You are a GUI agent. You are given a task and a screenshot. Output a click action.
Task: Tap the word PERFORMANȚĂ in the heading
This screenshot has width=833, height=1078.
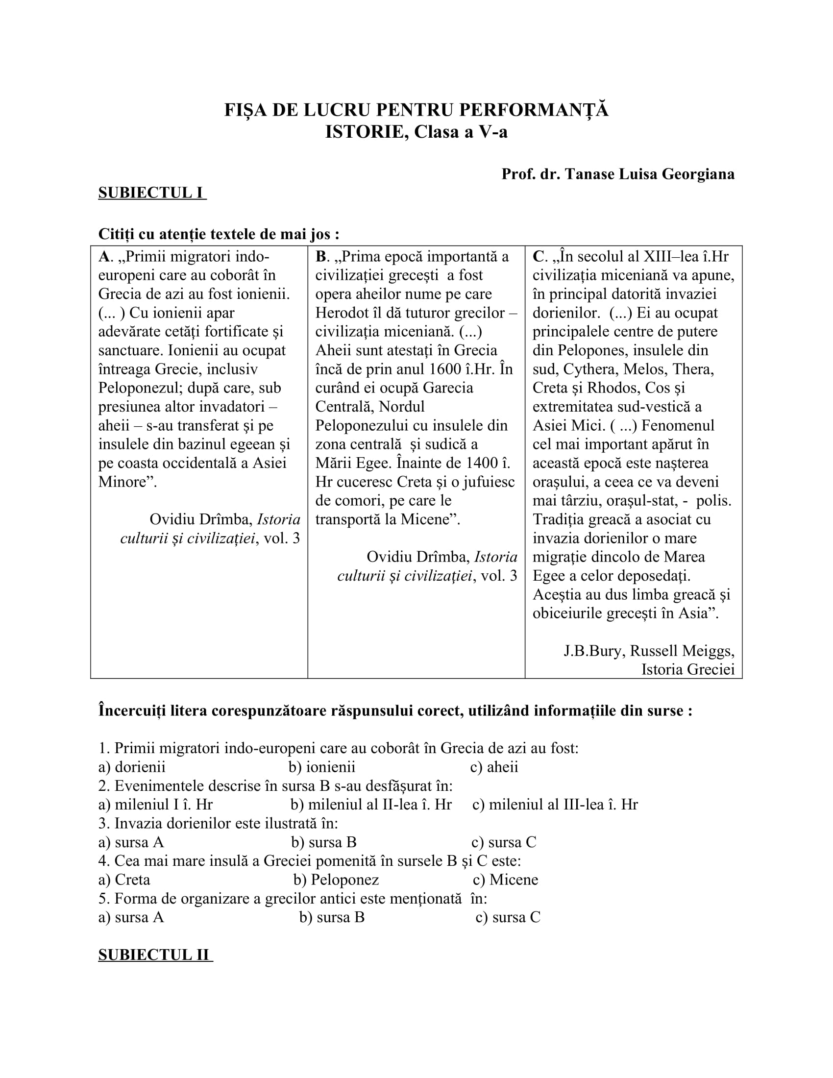click(x=534, y=110)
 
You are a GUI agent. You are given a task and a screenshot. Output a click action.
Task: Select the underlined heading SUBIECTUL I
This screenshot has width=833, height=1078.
click(x=151, y=193)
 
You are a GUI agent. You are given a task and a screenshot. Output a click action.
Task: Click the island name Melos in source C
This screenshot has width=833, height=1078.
click(x=645, y=369)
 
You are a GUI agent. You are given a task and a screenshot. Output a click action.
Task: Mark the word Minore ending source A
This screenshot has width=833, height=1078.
click(x=126, y=482)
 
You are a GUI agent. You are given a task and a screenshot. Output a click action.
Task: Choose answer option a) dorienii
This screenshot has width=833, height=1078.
click(x=132, y=767)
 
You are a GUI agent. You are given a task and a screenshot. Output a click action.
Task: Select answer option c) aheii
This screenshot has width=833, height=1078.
click(x=494, y=767)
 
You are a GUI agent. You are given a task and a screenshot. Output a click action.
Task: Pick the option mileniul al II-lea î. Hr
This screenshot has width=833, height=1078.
click(x=371, y=805)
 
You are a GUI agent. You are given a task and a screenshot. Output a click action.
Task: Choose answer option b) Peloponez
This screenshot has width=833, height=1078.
click(x=336, y=880)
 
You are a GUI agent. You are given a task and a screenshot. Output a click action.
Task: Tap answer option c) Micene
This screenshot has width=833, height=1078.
click(x=505, y=880)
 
